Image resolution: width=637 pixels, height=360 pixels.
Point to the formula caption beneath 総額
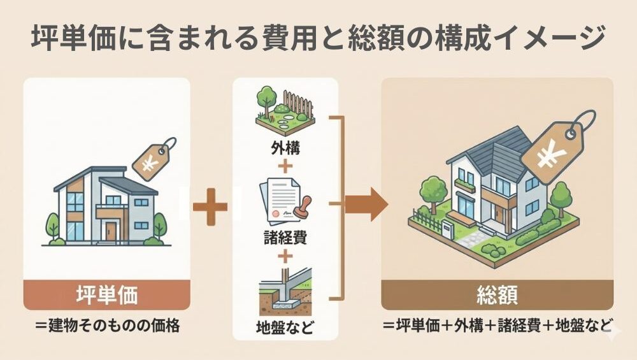497,325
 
